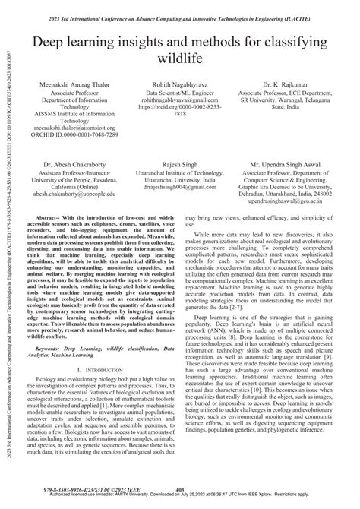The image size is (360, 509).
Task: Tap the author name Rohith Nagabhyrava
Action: (x=180, y=84)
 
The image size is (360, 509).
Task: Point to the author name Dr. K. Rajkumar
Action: (x=292, y=84)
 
